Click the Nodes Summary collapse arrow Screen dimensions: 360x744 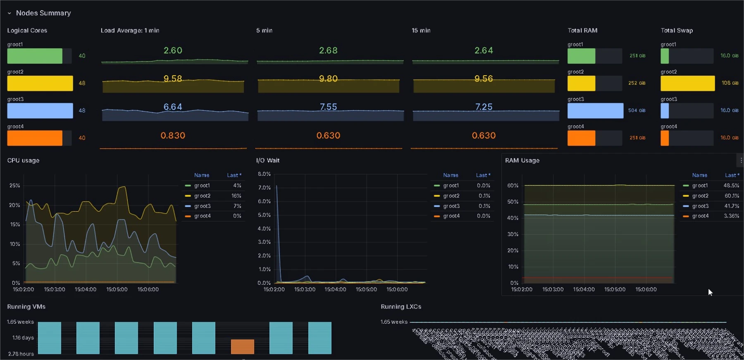[x=9, y=13]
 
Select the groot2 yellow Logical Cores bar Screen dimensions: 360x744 [x=40, y=83]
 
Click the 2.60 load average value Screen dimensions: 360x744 [x=173, y=50]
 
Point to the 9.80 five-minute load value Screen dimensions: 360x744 [x=328, y=79]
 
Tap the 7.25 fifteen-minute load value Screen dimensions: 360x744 [x=484, y=107]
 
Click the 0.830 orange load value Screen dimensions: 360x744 [x=173, y=136]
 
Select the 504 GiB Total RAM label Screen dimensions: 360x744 [x=637, y=110]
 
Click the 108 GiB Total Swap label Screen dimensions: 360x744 [x=730, y=83]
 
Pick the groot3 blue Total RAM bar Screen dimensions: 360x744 [x=595, y=110]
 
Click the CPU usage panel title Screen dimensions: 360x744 [x=23, y=160]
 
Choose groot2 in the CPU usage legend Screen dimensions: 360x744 [x=202, y=196]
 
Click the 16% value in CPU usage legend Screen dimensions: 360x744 [x=236, y=196]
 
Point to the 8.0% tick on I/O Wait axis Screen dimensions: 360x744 [x=264, y=174]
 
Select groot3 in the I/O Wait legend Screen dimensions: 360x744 [x=451, y=206]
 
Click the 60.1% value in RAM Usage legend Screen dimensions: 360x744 [x=732, y=196]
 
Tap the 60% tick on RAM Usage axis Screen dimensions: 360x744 [x=513, y=186]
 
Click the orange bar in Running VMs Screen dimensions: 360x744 [x=242, y=346]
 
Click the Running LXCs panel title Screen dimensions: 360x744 [x=401, y=307]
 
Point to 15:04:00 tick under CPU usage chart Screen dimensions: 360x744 [x=86, y=289]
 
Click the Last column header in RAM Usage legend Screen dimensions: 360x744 [x=730, y=175]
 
